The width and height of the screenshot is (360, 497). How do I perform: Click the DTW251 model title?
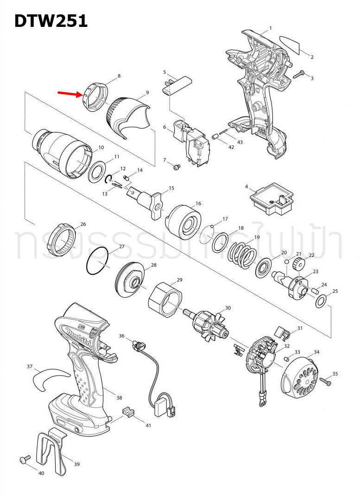(x=51, y=21)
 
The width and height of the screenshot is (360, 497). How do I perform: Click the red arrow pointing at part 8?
(x=69, y=94)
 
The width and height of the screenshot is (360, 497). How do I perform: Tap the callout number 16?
(x=198, y=204)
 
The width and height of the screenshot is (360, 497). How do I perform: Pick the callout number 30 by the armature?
(x=227, y=308)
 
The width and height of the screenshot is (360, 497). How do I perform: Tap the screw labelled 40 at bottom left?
(x=24, y=459)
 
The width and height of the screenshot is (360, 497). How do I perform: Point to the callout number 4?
(x=247, y=187)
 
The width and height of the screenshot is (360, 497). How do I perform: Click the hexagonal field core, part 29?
(x=164, y=300)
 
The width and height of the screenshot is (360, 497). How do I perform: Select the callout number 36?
(x=122, y=336)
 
